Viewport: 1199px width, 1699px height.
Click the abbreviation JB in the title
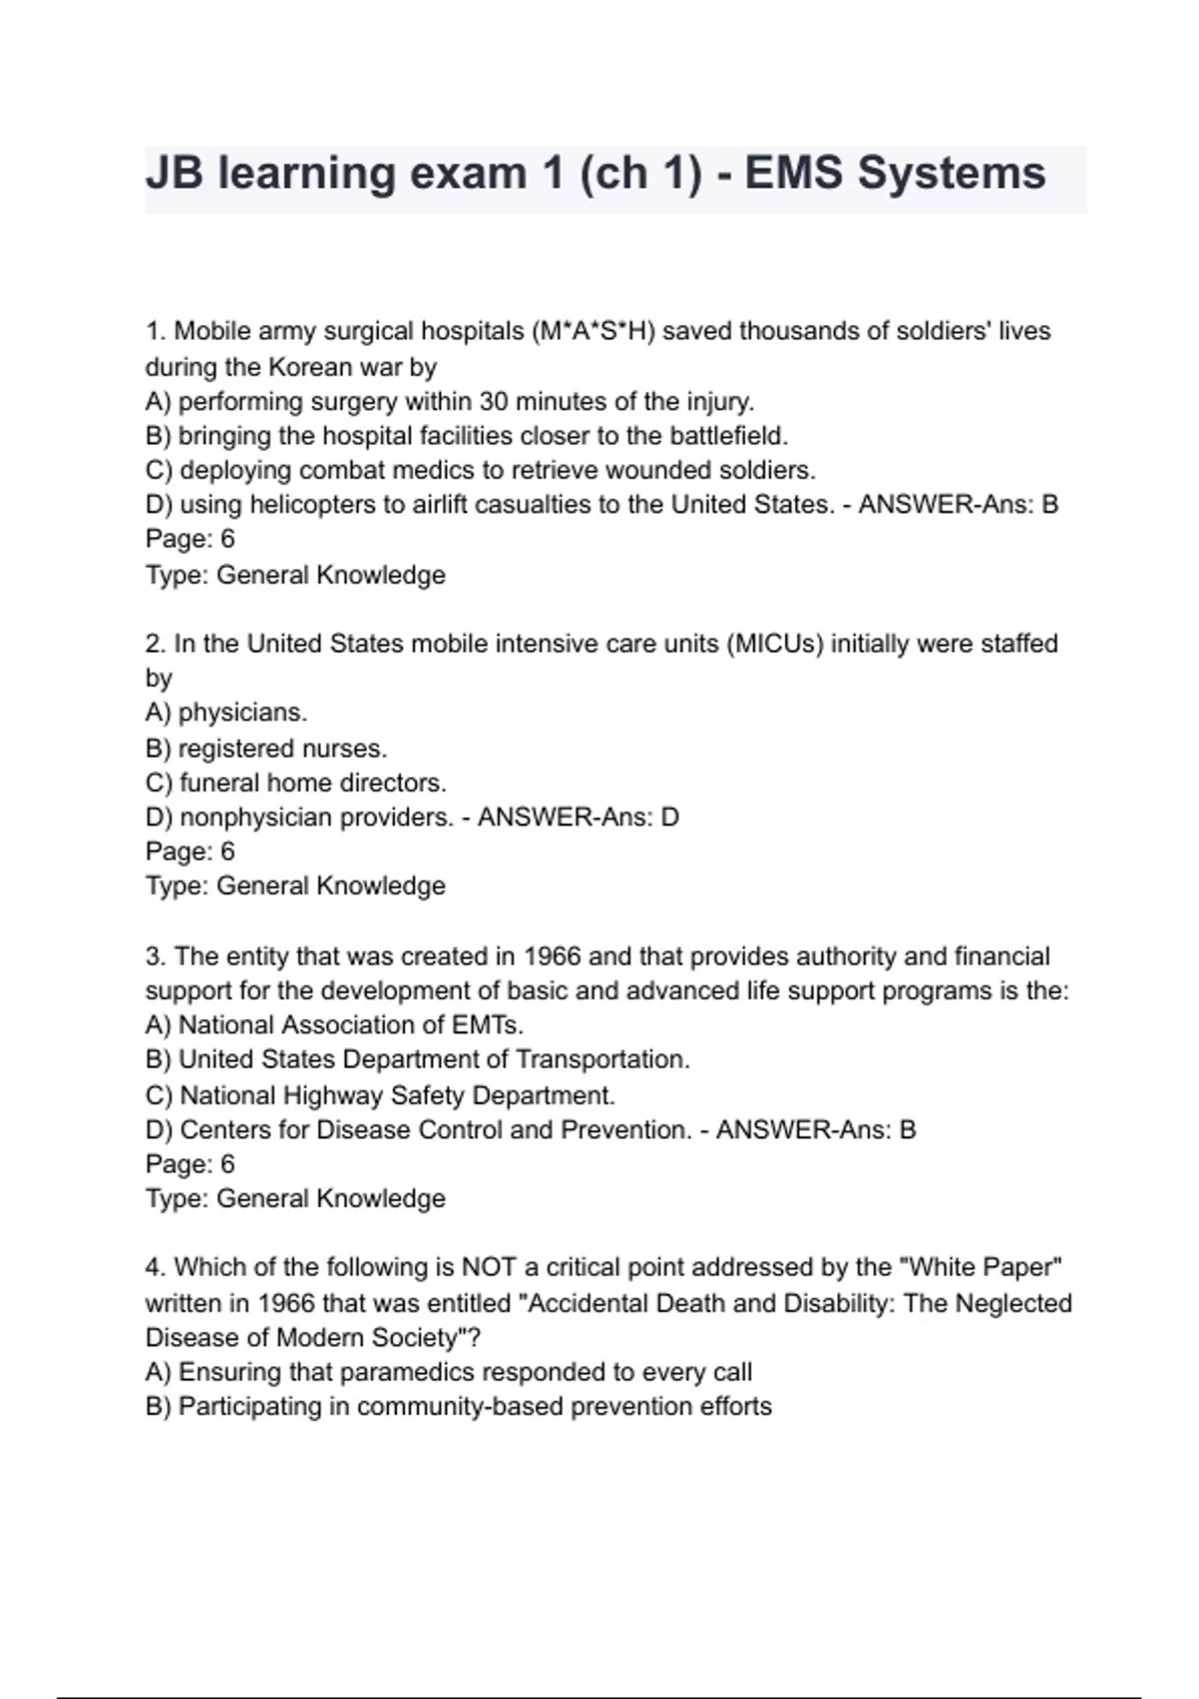tap(174, 173)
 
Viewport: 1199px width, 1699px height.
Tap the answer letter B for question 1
tap(1049, 505)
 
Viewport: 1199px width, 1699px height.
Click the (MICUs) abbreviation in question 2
tap(775, 644)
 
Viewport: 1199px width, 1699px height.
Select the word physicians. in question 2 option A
tap(243, 713)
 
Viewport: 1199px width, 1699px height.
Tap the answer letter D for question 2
tap(669, 818)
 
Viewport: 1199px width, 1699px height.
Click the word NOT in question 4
tap(489, 1267)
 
